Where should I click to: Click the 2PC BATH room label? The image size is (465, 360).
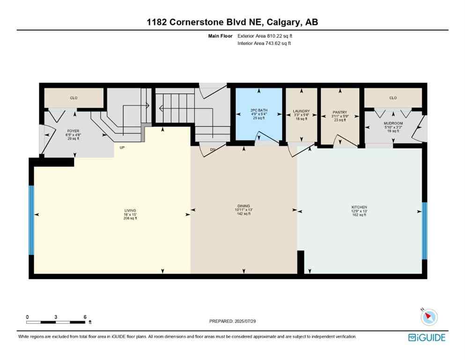coord(258,112)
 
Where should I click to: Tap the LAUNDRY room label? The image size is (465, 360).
coord(302,112)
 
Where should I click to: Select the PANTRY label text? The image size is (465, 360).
coord(340,112)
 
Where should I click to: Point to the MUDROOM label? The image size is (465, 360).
coord(393,123)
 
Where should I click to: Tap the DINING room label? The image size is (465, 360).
coord(244,206)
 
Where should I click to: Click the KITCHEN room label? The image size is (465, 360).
coord(359,207)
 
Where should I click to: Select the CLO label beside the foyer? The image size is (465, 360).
coord(74,98)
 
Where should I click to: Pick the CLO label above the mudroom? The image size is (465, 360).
coord(393,98)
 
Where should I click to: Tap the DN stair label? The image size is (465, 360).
coord(212,150)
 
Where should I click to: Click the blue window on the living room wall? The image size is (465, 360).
coord(31,220)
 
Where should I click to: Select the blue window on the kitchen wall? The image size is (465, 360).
coord(424,231)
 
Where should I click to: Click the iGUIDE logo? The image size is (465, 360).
coord(426,337)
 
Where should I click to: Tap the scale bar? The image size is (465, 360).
coord(56,322)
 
